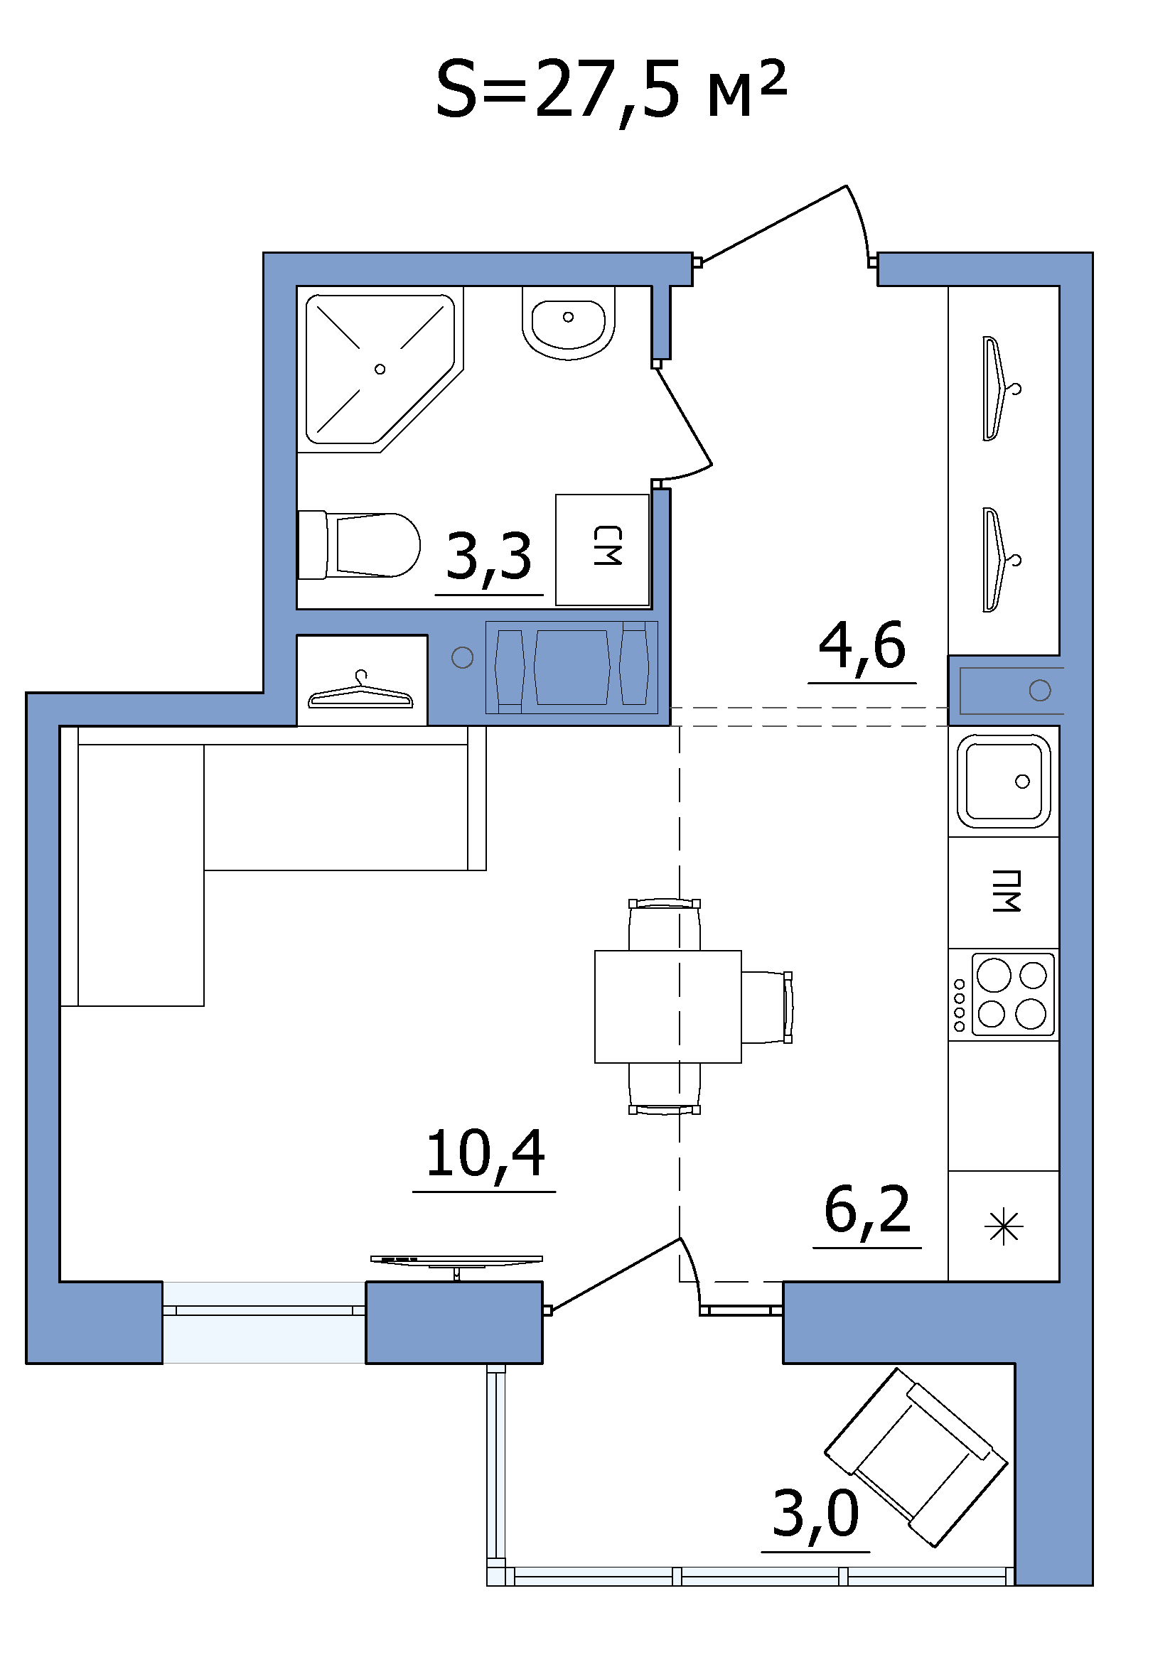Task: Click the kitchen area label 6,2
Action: [x=867, y=1211]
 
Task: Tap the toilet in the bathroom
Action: [x=359, y=546]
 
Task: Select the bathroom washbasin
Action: [x=569, y=322]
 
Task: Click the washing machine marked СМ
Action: [x=602, y=550]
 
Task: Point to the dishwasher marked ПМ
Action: [x=1004, y=892]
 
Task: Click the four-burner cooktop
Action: [x=1012, y=995]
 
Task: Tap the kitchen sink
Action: [x=1004, y=781]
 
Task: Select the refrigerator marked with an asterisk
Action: [x=1004, y=1227]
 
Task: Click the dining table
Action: [x=667, y=1007]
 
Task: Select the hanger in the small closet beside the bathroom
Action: [x=360, y=691]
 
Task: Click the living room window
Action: [x=264, y=1323]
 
